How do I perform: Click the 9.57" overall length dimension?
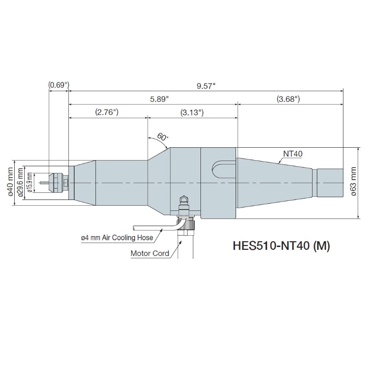(206, 85)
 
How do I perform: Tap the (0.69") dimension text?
(59, 85)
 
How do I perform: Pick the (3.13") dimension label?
(192, 113)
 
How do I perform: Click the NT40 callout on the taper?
(294, 153)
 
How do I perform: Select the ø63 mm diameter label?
(353, 183)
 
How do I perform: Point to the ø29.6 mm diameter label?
(21, 183)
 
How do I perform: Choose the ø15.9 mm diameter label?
(29, 183)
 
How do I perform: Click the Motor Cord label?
(150, 253)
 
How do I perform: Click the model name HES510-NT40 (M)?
(281, 246)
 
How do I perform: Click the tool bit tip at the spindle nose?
(44, 183)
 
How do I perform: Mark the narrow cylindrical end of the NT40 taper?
(329, 183)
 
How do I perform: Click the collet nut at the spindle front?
(58, 183)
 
